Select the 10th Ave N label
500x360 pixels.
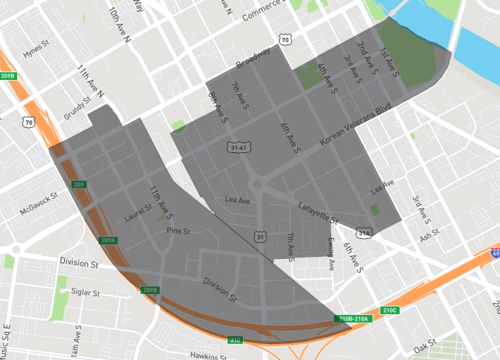[121, 22]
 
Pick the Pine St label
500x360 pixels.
[178, 230]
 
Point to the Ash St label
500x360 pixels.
[430, 238]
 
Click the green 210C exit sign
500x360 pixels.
[390, 310]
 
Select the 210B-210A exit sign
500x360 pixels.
[354, 319]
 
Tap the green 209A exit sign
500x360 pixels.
[109, 241]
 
